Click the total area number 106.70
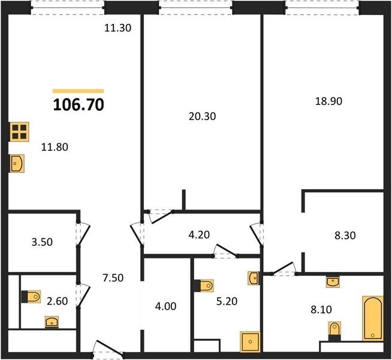pos(79,104)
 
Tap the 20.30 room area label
pos(202,116)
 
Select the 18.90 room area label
pos(328,101)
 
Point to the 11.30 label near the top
pos(117,28)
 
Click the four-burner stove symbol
pos(19,132)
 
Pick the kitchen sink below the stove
pos(17,163)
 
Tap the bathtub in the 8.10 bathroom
pos(373,318)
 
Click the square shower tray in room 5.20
pos(250,342)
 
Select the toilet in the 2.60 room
pos(31,297)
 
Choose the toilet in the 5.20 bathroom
pos(204,286)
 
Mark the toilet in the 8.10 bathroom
pos(334,331)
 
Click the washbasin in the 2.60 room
pos(52,322)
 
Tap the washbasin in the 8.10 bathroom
pos(333,281)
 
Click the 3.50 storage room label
pos(42,242)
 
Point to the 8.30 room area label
pos(345,235)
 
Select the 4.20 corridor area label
pos(199,235)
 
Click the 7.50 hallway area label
pos(113,278)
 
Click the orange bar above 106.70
pos(79,91)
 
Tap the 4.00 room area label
pos(165,306)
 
